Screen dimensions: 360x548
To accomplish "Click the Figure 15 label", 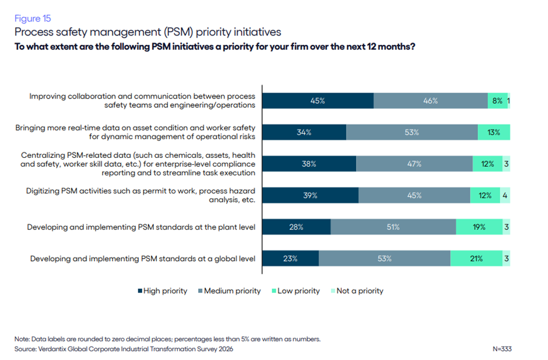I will [33, 18].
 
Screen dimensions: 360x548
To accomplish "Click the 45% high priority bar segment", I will [318, 101].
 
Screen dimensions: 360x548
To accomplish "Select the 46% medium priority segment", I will [430, 101].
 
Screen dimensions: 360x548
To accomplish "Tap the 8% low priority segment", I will [497, 101].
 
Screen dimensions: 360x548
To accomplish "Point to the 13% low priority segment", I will [494, 132].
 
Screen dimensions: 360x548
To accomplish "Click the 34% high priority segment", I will [304, 132].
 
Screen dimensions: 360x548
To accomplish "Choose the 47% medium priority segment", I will [414, 164].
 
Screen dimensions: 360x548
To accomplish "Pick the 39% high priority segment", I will [310, 196].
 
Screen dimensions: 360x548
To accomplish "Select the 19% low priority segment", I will [479, 227].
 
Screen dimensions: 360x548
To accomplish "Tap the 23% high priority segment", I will [290, 259].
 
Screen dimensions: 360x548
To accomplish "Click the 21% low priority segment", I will [476, 259].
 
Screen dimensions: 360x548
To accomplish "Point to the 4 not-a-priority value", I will [505, 196].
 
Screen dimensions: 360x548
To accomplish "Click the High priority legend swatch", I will [140, 291].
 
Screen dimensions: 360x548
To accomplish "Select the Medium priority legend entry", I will [232, 291].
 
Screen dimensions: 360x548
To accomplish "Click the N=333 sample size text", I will [502, 349].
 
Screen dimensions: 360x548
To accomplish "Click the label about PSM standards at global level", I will [142, 259].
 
